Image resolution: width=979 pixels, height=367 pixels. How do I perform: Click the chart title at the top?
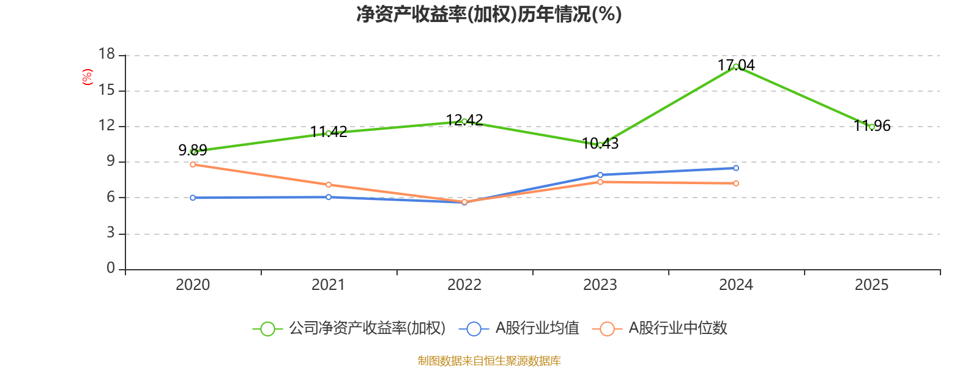489,14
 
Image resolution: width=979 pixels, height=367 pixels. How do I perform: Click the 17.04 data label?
736,65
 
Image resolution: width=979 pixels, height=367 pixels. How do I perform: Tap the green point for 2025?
872,127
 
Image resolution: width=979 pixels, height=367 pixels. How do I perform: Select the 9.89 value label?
193,150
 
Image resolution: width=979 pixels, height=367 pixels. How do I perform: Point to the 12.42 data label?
464,120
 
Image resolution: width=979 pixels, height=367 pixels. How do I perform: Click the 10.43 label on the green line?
600,144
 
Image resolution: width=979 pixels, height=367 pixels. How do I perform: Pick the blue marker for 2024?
736,168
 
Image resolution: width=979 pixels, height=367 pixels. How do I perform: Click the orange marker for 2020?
193,165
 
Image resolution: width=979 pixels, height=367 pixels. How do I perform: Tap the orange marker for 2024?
736,183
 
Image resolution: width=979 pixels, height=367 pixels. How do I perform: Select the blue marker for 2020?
193,198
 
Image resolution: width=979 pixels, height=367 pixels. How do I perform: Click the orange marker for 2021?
329,185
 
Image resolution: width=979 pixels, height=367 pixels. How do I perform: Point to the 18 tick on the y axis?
107,54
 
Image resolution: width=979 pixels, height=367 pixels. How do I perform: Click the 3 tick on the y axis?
111,233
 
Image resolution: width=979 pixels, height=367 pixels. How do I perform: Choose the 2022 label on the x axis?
464,284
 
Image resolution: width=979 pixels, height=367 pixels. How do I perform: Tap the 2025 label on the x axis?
872,284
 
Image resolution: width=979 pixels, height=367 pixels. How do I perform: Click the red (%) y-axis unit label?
87,77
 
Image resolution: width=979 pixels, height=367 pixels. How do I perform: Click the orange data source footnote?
489,361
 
